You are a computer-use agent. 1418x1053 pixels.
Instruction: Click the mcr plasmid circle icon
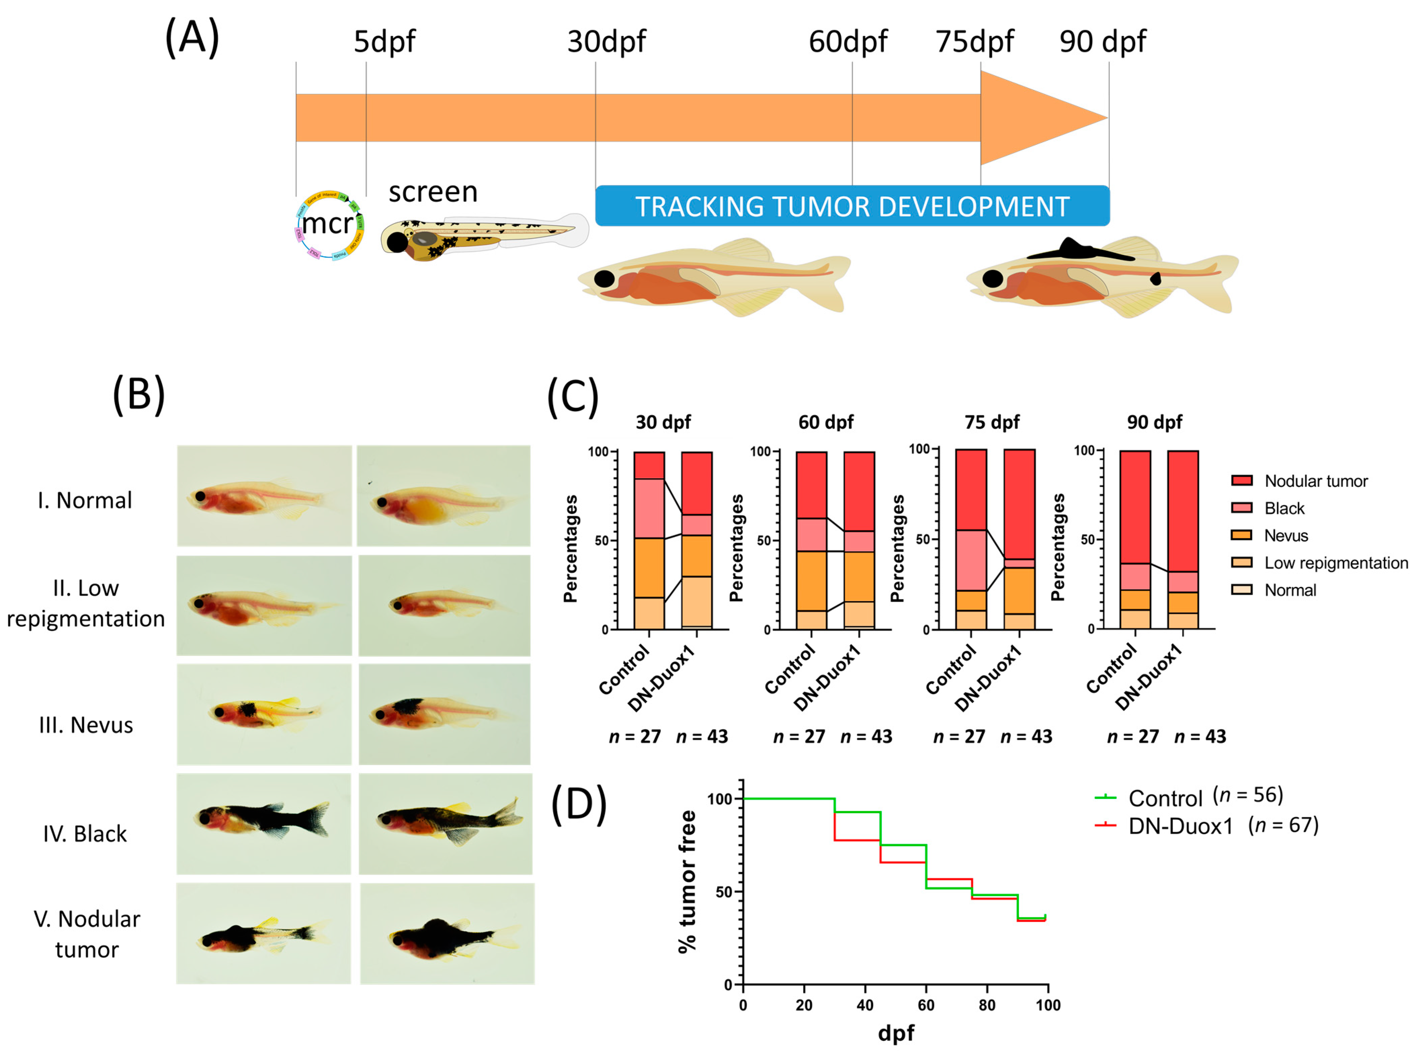coord(329,224)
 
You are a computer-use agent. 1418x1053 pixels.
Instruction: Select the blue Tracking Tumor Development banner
coord(852,206)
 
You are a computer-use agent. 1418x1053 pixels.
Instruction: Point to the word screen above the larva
coord(433,192)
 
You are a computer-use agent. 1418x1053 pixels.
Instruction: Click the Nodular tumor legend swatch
coord(1242,480)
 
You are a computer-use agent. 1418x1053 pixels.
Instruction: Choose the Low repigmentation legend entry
coord(1335,563)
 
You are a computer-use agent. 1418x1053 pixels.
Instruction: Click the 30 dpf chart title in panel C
coord(663,422)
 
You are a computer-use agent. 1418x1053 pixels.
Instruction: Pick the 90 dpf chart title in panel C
coord(1154,422)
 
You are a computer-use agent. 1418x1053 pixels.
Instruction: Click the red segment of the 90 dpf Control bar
coord(1135,507)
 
